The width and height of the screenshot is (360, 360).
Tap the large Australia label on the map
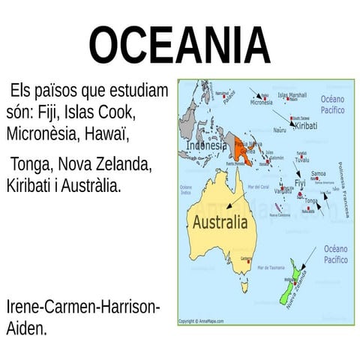[x=219, y=223]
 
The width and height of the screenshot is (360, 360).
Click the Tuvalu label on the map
[x=302, y=160]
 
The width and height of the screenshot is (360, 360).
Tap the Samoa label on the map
[x=318, y=173]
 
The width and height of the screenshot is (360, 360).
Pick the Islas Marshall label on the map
[x=292, y=96]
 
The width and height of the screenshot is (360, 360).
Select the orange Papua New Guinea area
[x=242, y=154]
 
